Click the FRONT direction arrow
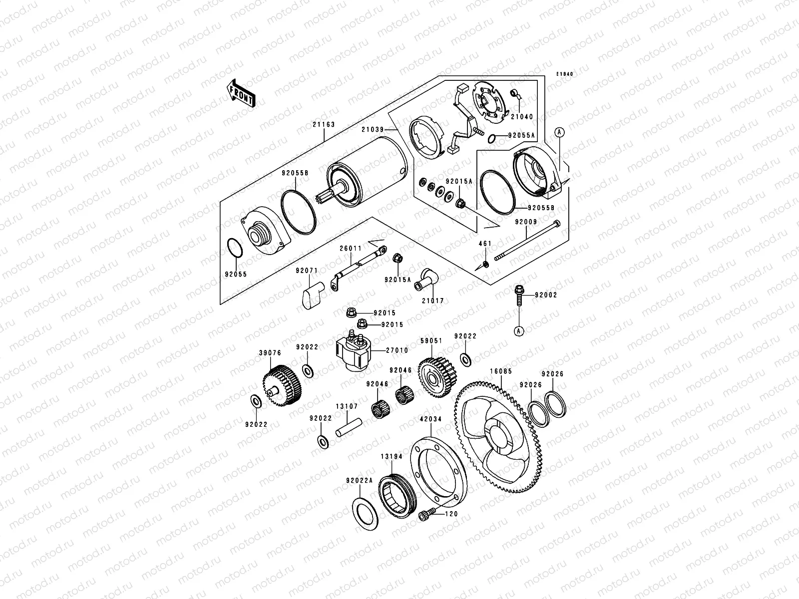[x=241, y=92]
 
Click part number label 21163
[x=325, y=125]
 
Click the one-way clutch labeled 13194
[x=396, y=492]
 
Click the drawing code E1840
[x=565, y=74]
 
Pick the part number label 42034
[x=430, y=420]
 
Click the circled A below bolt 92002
[x=518, y=330]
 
